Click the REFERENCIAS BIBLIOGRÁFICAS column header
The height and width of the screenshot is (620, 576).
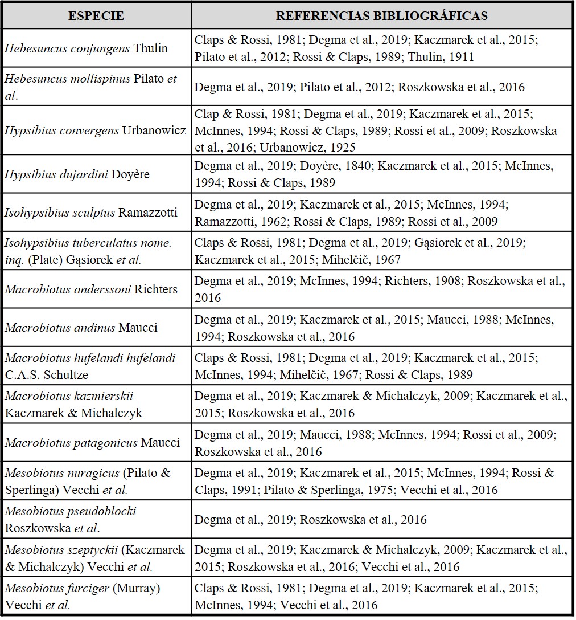pyautogui.click(x=381, y=15)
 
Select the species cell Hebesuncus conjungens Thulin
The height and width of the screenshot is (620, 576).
pyautogui.click(x=87, y=48)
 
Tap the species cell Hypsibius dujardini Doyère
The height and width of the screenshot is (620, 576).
pyautogui.click(x=77, y=174)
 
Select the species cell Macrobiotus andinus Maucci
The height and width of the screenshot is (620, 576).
pyautogui.click(x=81, y=328)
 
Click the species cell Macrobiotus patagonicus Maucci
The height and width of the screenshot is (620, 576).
pyautogui.click(x=92, y=443)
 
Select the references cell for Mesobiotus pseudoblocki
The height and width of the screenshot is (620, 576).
pyautogui.click(x=381, y=519)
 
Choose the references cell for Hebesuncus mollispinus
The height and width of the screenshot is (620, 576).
pyautogui.click(x=381, y=87)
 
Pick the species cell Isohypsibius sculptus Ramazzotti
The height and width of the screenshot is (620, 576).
pyautogui.click(x=91, y=213)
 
